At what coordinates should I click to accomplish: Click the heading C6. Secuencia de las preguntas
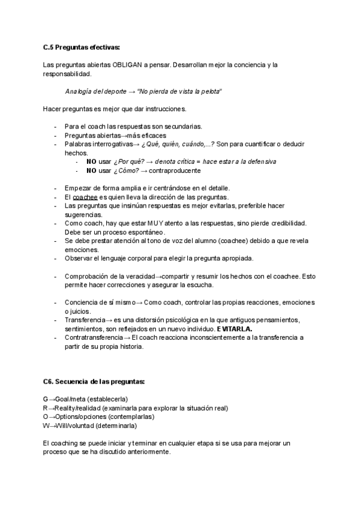[94, 382]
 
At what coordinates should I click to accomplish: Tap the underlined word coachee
[85, 197]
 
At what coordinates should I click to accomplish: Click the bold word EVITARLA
[235, 329]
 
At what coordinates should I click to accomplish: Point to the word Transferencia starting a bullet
[85, 320]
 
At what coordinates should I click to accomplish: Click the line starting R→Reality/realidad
[136, 408]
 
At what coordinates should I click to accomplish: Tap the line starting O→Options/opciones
[98, 417]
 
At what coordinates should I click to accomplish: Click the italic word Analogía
[80, 91]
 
